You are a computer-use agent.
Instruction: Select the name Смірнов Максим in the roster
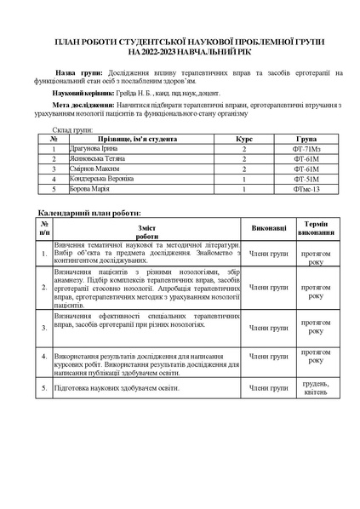coord(92,169)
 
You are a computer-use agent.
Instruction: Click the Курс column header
coord(244,138)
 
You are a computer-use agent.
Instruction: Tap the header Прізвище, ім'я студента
coord(136,138)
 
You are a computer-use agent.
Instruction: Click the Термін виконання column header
coord(316,227)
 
